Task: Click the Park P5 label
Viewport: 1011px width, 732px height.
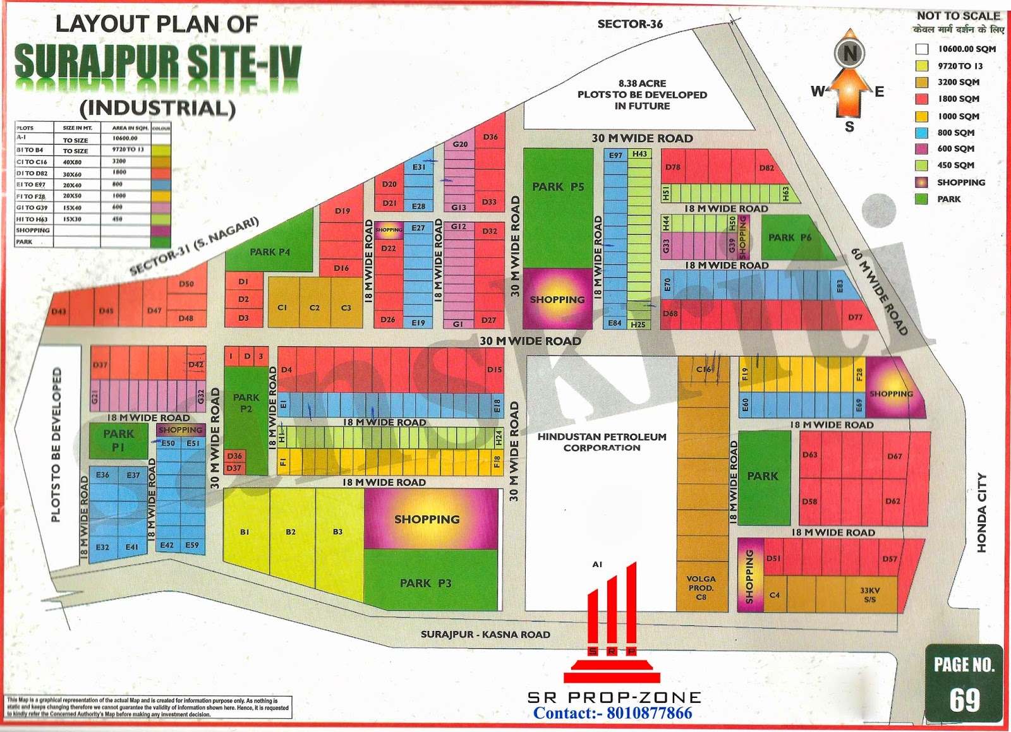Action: click(x=558, y=187)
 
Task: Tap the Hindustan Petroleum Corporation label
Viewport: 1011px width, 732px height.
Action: click(x=602, y=442)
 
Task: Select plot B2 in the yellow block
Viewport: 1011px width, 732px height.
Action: click(x=291, y=532)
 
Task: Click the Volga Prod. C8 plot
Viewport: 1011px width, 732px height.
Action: click(x=701, y=587)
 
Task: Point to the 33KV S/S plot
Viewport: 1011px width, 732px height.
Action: click(x=870, y=595)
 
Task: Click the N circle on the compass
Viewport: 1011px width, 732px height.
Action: click(x=850, y=54)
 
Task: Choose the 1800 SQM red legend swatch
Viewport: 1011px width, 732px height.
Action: click(x=922, y=99)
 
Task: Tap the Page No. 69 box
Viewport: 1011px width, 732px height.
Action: click(x=964, y=683)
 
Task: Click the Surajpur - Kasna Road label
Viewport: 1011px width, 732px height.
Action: click(x=485, y=634)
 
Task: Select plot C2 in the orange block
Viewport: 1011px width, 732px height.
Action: click(x=314, y=308)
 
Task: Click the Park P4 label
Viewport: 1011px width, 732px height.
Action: click(x=270, y=252)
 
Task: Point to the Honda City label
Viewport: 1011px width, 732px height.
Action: click(x=981, y=512)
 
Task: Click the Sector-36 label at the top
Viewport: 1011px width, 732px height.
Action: click(x=630, y=24)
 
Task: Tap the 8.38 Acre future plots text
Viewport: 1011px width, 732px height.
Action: click(x=642, y=95)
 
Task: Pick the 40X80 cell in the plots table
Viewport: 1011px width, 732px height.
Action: click(x=72, y=162)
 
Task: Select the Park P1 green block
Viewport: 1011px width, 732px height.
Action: click(x=118, y=440)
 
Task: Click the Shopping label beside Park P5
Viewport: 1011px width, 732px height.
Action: click(x=557, y=299)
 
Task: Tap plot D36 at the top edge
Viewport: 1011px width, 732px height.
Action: click(x=490, y=136)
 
